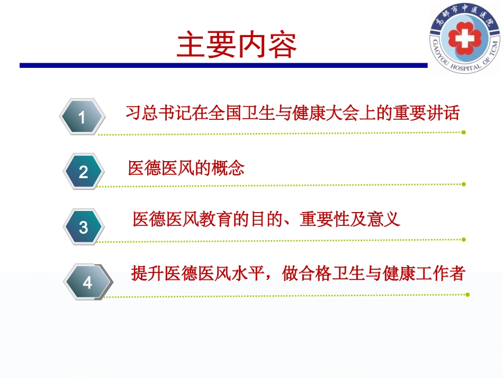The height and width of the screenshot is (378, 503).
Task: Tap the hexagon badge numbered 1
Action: point(82,117)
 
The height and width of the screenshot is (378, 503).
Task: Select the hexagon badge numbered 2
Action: point(84,172)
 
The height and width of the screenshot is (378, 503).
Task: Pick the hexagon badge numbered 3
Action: point(84,227)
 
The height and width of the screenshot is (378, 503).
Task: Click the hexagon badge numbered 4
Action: point(87,282)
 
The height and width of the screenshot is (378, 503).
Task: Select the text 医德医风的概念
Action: point(186,169)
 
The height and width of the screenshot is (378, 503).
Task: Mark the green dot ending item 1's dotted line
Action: point(464,132)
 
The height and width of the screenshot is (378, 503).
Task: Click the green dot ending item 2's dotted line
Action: point(464,184)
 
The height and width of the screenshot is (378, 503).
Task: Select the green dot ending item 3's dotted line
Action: point(464,239)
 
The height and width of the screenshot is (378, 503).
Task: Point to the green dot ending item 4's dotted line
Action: point(468,294)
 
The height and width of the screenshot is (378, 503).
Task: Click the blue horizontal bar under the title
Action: point(222,66)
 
